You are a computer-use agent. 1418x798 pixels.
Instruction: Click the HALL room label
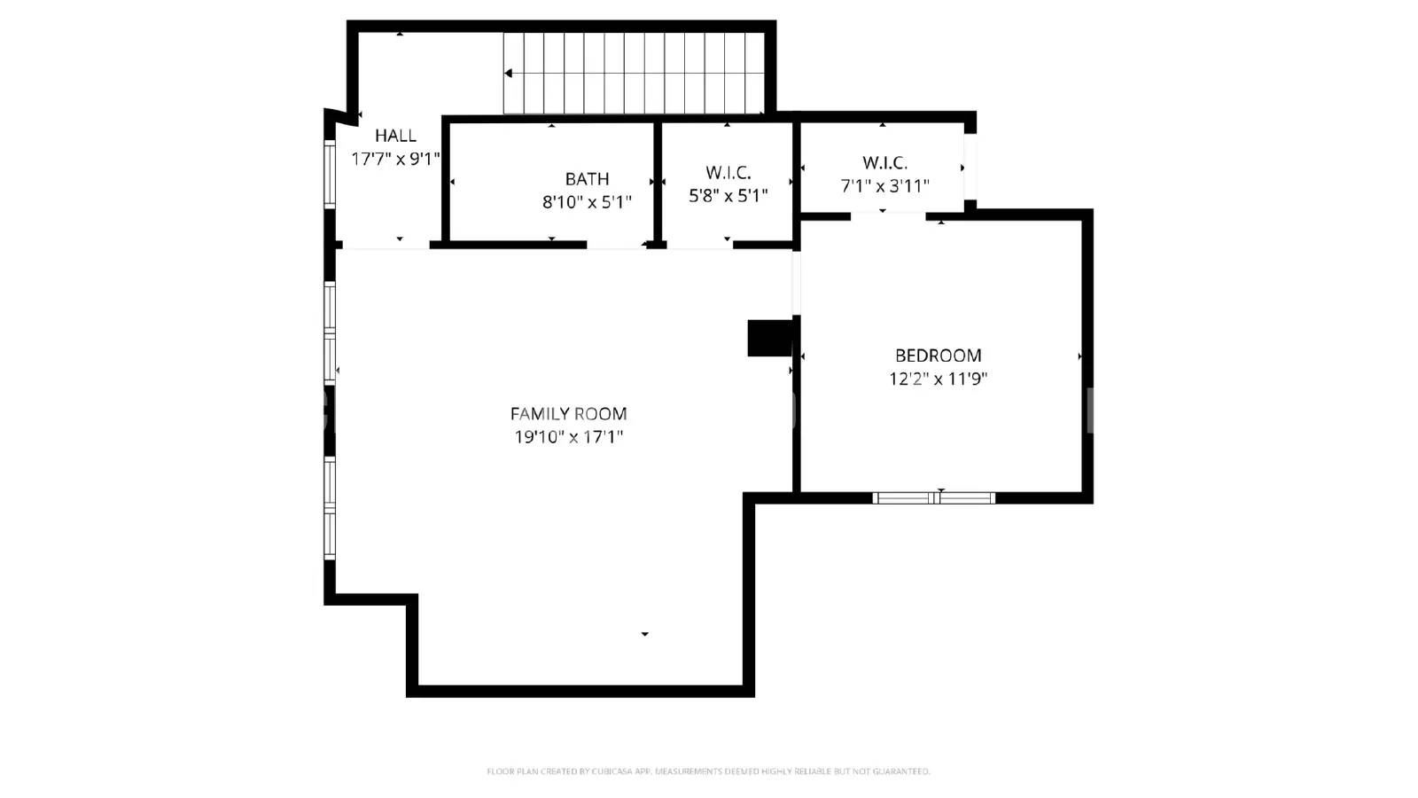click(395, 136)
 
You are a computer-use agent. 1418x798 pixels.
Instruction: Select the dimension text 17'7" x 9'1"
click(395, 160)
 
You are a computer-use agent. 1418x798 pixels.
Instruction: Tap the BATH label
click(587, 179)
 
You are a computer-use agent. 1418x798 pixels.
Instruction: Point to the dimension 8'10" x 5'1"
click(587, 202)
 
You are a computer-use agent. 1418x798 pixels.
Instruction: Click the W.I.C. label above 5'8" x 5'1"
click(728, 173)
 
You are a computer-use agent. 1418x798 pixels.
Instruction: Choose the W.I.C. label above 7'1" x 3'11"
click(884, 163)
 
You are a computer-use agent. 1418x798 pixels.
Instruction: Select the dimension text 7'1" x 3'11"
click(884, 186)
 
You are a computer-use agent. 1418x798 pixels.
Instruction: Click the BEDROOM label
click(938, 356)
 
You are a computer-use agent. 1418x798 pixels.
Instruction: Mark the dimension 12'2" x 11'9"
click(938, 379)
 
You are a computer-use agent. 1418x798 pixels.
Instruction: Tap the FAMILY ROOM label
click(568, 414)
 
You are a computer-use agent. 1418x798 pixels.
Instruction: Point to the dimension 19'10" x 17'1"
click(568, 437)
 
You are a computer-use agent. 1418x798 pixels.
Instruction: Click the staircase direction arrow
click(509, 74)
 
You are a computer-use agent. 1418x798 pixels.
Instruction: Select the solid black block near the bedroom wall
click(769, 338)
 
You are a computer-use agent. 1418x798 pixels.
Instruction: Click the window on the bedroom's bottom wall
click(933, 498)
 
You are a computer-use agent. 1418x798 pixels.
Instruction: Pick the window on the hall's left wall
click(330, 174)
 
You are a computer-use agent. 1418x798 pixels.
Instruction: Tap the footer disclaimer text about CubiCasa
click(708, 771)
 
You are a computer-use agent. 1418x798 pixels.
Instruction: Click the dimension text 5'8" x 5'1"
click(728, 196)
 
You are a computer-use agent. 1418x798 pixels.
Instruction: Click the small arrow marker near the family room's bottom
click(644, 634)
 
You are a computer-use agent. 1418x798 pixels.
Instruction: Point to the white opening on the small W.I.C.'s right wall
click(970, 167)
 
